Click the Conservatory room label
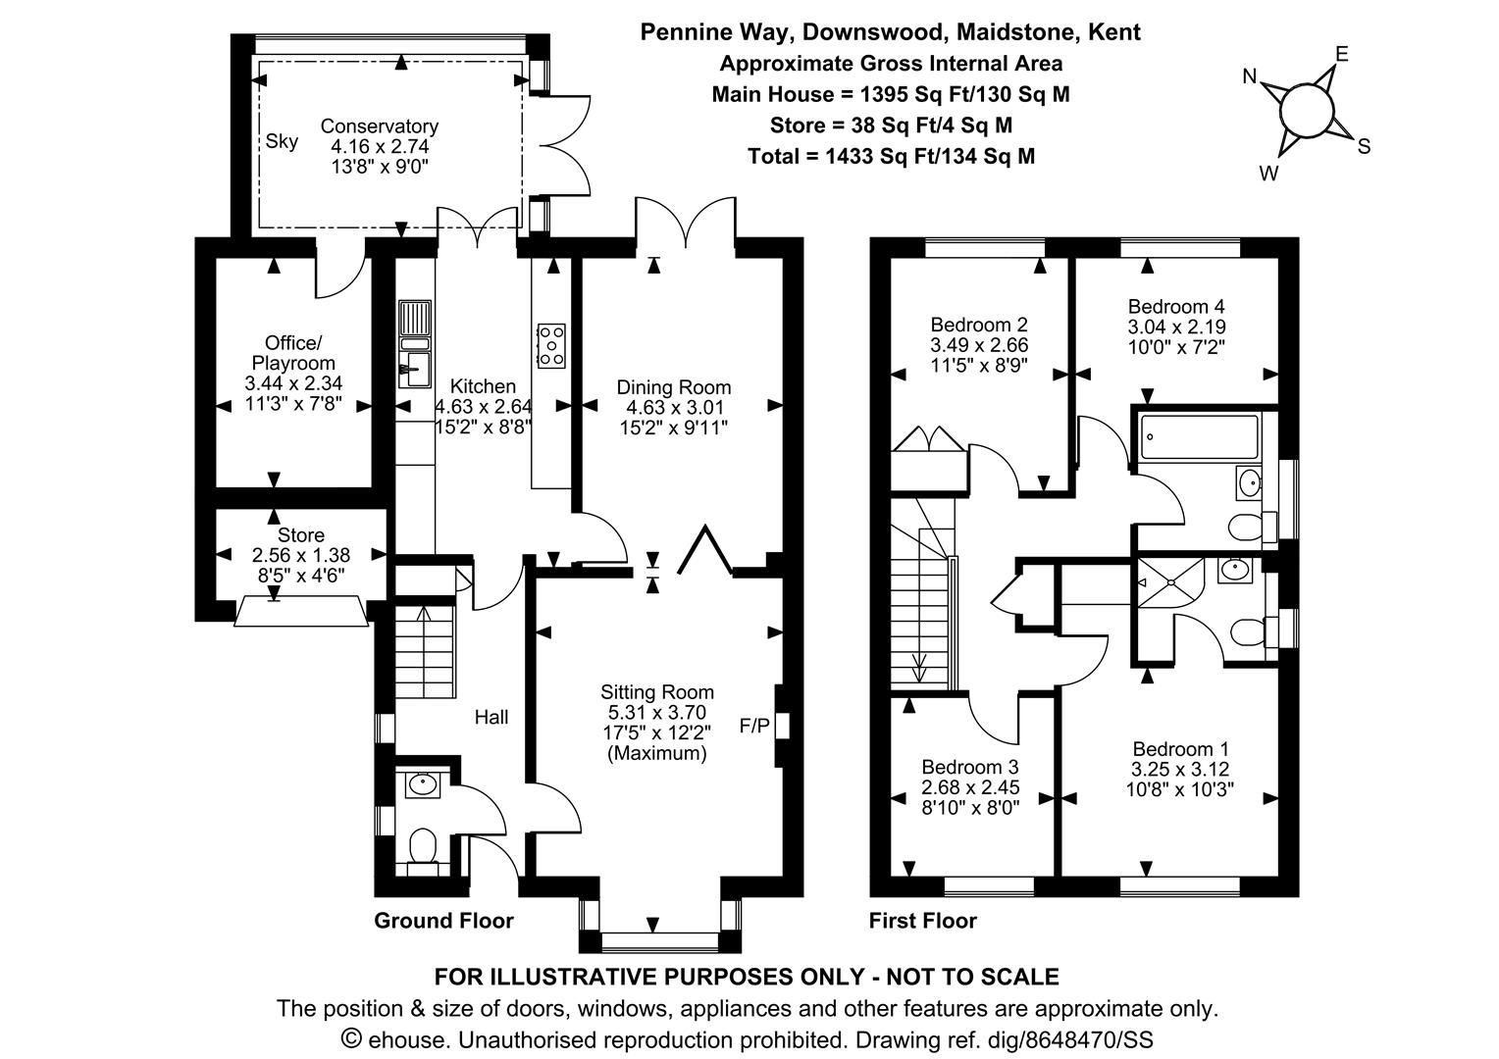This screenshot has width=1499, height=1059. (x=380, y=126)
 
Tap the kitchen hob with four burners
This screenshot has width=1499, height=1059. (x=551, y=346)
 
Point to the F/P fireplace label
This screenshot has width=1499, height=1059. (x=754, y=726)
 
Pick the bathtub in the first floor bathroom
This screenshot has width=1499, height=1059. (x=1199, y=437)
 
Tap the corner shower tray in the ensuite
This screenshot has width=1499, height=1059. (x=1170, y=582)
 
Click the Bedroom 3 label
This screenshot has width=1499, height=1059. (x=969, y=767)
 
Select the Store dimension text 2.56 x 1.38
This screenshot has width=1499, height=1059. (x=301, y=555)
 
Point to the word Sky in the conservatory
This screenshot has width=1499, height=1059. (x=282, y=141)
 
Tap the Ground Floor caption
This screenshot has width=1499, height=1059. (x=443, y=921)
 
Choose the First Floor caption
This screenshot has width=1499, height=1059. (x=923, y=921)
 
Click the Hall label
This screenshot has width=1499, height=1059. (x=491, y=717)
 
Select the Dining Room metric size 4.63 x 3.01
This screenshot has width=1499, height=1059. (x=675, y=407)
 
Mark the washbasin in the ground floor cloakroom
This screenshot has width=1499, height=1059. (x=423, y=784)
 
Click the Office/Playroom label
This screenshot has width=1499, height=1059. (x=293, y=353)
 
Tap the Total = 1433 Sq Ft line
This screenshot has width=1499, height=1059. (x=891, y=157)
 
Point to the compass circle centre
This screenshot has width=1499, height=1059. (x=1307, y=111)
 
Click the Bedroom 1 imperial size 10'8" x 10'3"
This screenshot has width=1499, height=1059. (x=1180, y=789)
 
